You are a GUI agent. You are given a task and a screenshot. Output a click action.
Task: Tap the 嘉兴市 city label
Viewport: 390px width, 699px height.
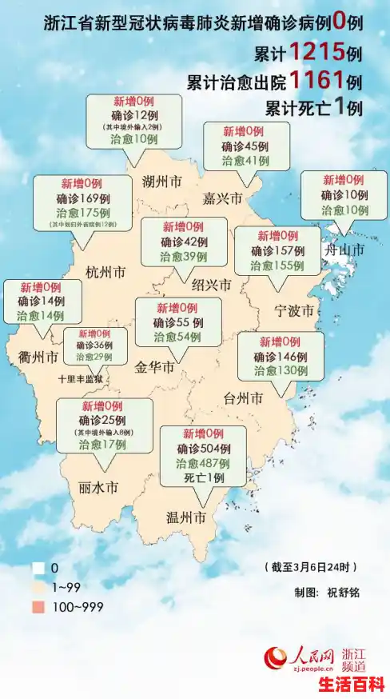tap(223, 198)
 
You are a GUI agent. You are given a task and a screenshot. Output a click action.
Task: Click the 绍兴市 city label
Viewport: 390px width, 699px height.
tap(212, 285)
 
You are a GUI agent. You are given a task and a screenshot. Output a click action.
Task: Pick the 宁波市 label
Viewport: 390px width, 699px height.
tap(293, 310)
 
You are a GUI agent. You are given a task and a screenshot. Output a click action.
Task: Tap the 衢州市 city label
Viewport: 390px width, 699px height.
tap(39, 356)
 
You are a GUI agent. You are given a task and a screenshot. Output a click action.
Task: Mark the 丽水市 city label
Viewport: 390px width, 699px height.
tap(99, 487)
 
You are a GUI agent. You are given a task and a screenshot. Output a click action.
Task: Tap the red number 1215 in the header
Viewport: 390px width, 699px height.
tap(317, 53)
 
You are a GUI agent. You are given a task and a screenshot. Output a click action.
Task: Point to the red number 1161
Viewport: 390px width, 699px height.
tap(317, 80)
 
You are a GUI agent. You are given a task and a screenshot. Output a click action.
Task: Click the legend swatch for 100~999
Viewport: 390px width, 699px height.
tap(38, 607)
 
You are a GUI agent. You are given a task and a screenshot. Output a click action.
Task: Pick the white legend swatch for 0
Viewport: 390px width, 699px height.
tap(38, 569)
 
